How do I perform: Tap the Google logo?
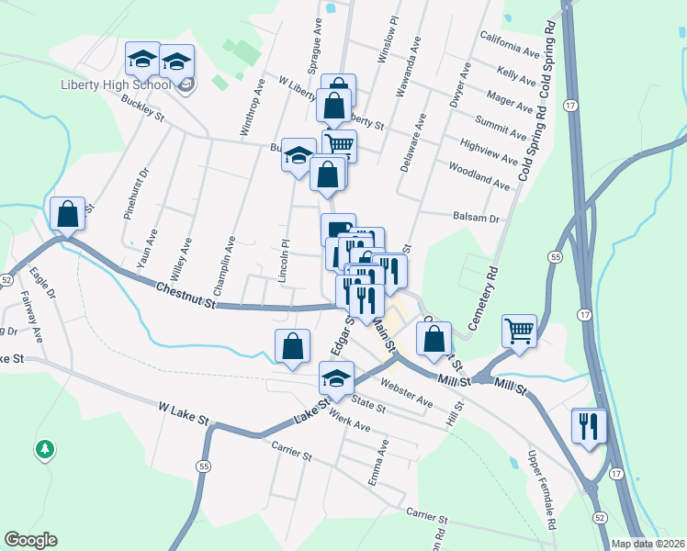point(30,540)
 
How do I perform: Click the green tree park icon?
point(43,449)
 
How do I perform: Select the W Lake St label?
point(184,411)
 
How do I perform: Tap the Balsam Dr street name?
point(475,219)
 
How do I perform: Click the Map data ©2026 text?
point(648,544)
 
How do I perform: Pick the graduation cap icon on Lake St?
point(336,380)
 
